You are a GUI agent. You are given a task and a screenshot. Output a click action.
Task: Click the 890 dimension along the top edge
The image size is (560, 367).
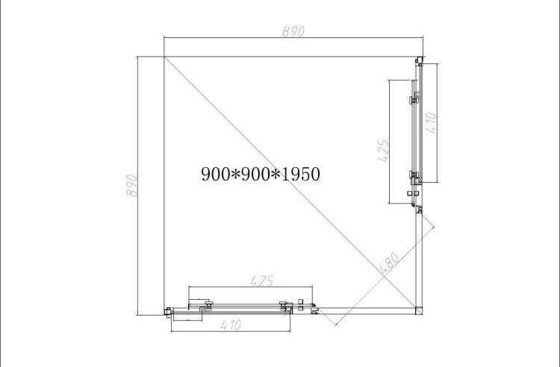click(293, 31)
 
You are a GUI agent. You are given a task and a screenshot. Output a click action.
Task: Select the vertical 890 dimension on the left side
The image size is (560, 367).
click(131, 185)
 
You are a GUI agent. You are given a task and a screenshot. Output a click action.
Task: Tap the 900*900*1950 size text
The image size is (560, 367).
click(261, 174)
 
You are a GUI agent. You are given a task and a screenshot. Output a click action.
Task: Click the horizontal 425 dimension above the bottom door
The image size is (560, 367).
click(262, 280)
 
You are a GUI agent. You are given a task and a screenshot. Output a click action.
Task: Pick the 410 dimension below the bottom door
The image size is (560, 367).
click(231, 325)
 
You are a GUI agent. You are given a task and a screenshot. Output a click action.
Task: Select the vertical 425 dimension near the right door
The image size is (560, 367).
click(382, 151)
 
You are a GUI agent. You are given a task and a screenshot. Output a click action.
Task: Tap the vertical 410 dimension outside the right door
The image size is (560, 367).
click(432, 122)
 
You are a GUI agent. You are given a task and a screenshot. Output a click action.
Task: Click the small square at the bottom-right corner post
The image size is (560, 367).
click(419, 310)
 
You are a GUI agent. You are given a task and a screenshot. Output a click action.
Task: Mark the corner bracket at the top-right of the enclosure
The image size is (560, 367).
click(420, 61)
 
